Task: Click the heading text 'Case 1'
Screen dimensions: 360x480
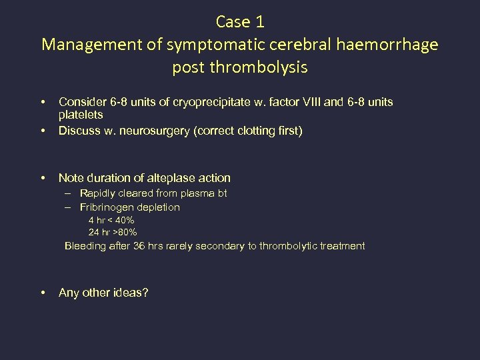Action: pos(240,21)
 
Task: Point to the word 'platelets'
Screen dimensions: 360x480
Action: pos(81,115)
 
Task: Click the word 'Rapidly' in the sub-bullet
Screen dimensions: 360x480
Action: pos(99,193)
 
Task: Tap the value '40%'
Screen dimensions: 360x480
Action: pos(125,220)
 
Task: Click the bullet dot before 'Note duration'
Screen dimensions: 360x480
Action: pos(43,178)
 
